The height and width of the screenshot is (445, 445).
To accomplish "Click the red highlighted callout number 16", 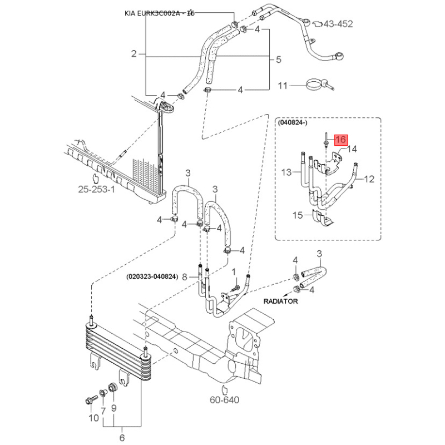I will tap(340, 140).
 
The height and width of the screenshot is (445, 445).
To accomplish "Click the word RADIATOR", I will tap(281, 301).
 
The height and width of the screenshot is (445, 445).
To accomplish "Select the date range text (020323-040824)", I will tap(151, 276).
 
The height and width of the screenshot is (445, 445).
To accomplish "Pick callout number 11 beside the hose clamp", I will tap(283, 86).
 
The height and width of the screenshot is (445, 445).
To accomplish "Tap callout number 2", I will tap(134, 54).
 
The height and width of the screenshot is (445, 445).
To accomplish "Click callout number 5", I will tap(279, 60).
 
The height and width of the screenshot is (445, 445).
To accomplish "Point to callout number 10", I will tap(94, 418).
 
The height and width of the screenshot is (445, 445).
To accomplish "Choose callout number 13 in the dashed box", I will tap(286, 172).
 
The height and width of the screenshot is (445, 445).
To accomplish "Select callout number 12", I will tap(369, 179).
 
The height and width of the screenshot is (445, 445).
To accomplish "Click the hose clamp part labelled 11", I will tap(317, 85).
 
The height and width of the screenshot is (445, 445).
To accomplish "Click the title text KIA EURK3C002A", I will tap(159, 13).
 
